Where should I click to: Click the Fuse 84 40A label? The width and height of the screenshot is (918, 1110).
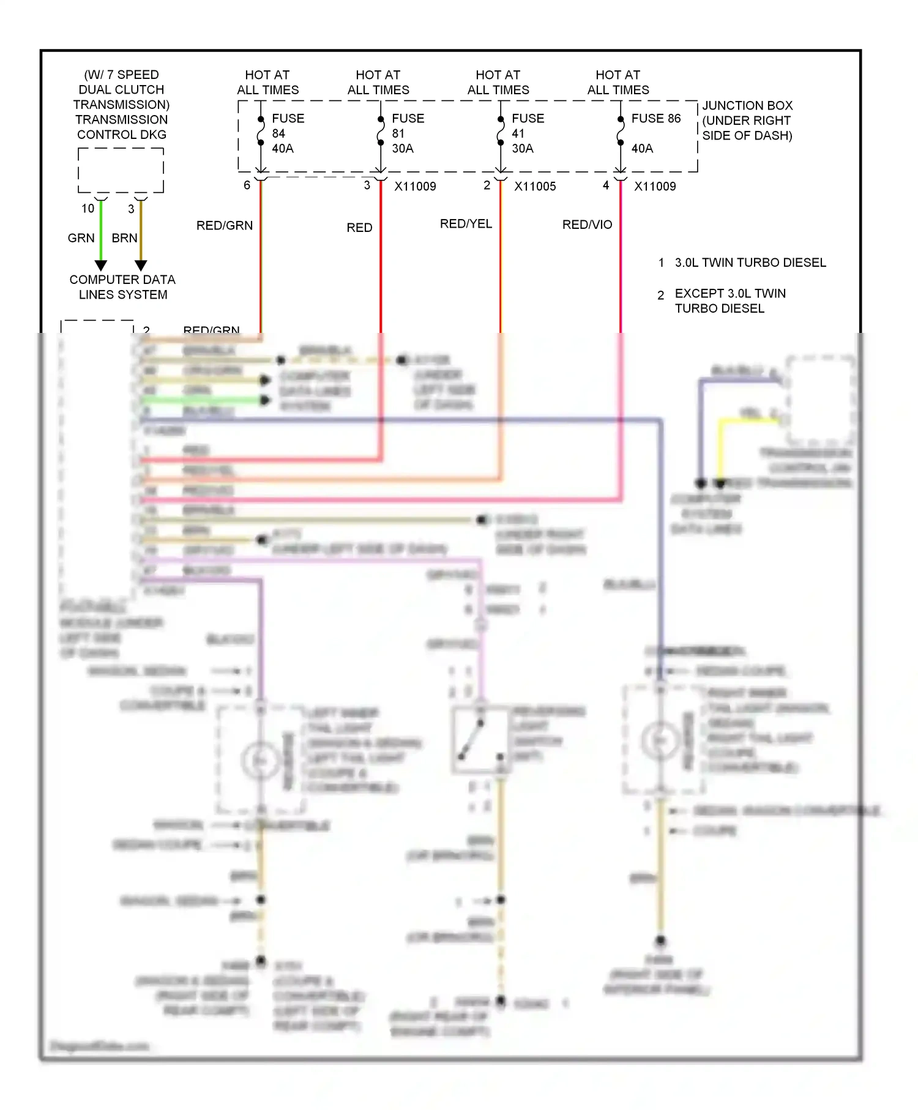[x=287, y=133]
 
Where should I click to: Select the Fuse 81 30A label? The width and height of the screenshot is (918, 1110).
[x=407, y=133]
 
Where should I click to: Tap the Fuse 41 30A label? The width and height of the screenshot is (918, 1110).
[x=527, y=133]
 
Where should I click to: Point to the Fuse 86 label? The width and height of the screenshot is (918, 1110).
[x=655, y=119]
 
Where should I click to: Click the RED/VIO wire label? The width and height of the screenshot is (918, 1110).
[x=587, y=225]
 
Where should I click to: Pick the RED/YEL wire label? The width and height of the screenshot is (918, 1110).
[x=466, y=224]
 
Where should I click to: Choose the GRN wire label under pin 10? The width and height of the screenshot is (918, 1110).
[x=81, y=238]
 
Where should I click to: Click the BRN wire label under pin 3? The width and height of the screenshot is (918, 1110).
[x=124, y=238]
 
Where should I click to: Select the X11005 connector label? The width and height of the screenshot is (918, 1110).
[x=535, y=187]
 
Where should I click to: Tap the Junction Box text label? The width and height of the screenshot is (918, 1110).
[x=747, y=121]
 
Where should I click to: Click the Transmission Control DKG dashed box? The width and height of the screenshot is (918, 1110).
[x=121, y=170]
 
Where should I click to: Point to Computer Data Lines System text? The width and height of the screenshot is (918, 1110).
[x=122, y=287]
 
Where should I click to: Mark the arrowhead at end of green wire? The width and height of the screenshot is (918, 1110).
[x=101, y=265]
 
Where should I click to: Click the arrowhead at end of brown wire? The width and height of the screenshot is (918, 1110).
[x=141, y=265]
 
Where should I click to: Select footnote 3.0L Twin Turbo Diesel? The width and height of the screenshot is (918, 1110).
[x=750, y=263]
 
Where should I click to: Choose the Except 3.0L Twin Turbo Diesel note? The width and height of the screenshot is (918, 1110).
[x=730, y=301]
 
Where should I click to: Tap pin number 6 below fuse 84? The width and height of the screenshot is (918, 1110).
[x=247, y=185]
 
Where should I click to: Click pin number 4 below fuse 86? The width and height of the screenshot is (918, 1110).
[x=606, y=185]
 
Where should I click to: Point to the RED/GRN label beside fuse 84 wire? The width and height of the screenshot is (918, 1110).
[x=224, y=226]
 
